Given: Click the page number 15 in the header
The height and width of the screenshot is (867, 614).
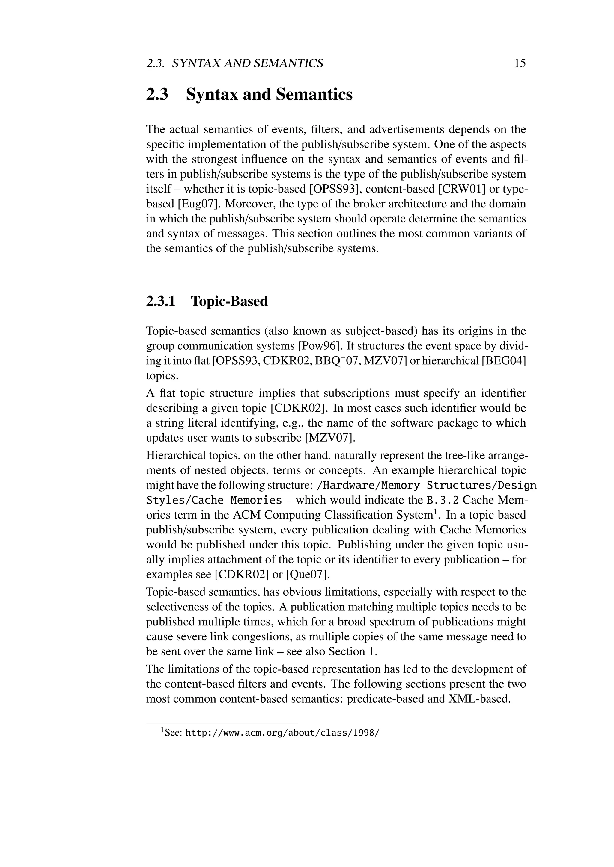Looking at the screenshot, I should pos(520,63).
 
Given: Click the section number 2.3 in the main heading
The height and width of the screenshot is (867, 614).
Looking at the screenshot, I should pos(157,94).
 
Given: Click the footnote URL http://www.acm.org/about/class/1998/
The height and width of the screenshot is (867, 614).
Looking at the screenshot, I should pos(282,733).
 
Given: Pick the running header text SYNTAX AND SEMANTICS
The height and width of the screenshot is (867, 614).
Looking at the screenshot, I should pos(248,63).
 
